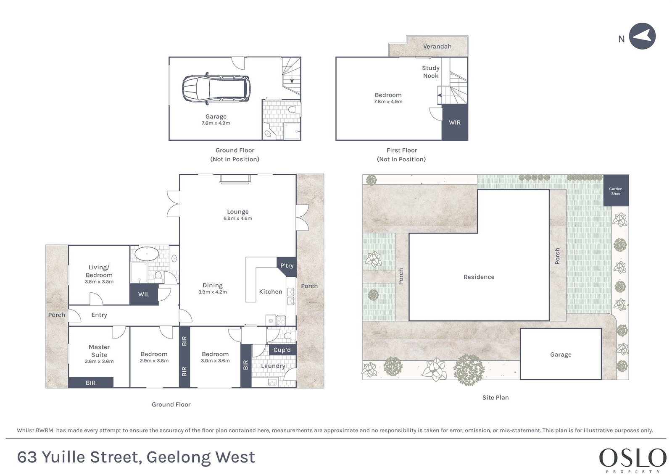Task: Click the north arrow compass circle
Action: point(642,36)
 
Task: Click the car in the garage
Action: point(216,89)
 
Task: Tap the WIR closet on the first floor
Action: point(454,122)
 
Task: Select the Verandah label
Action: point(437,47)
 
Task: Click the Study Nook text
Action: point(430,72)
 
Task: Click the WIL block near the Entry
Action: point(144,294)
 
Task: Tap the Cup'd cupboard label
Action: point(282,350)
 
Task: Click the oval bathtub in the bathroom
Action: point(147,254)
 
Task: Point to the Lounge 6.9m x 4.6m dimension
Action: point(237,218)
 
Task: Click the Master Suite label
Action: point(99,351)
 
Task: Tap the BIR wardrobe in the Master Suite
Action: point(91,382)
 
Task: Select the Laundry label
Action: point(273,366)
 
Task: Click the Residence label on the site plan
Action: point(479,277)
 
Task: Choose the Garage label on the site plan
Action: point(561,354)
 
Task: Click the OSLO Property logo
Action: point(632,460)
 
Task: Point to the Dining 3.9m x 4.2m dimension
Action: point(212,292)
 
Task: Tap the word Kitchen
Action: point(271,292)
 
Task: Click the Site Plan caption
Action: point(495,398)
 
